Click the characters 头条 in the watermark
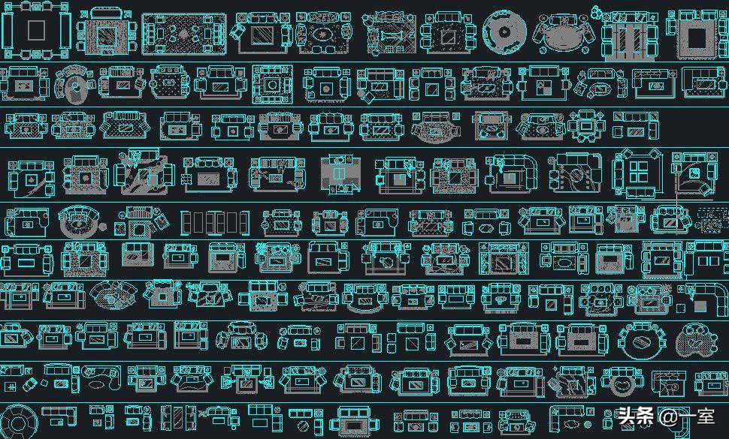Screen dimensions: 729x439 [x=636, y=416]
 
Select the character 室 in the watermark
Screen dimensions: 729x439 [x=704, y=416]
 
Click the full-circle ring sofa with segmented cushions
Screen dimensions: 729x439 [x=18, y=422]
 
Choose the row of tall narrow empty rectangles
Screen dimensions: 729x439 [x=215, y=223]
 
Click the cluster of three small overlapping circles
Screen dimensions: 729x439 [x=597, y=11]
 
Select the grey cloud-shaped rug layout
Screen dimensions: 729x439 [x=697, y=340]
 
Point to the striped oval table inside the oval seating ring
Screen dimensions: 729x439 [x=643, y=342]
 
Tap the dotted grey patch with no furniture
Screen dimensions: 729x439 [x=712, y=221]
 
